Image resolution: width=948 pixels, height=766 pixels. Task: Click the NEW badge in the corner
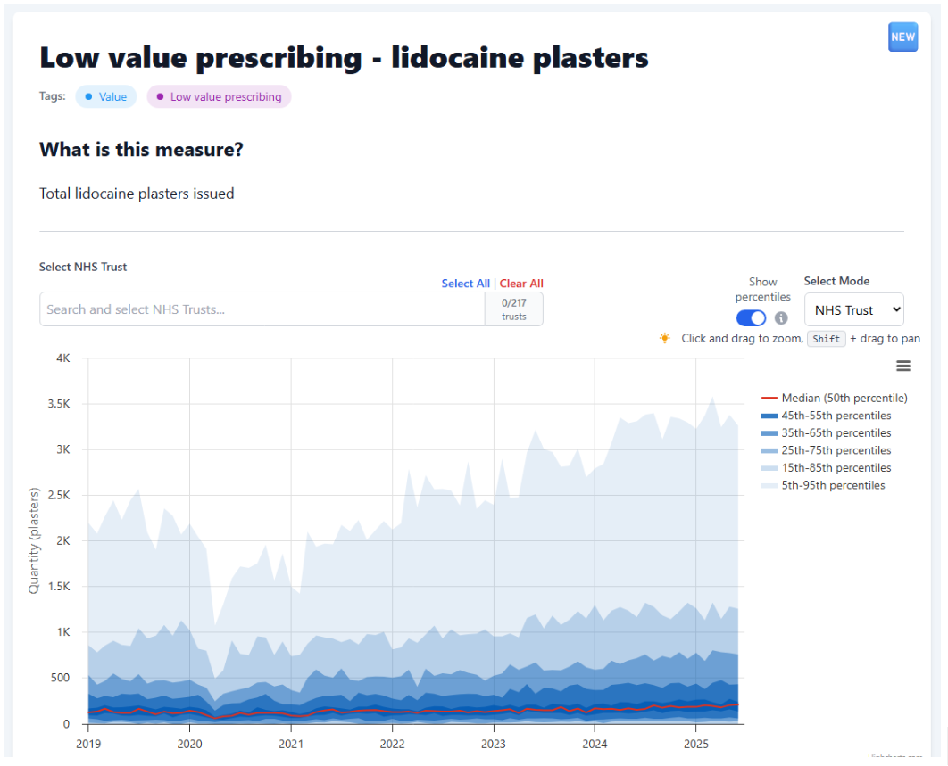click(902, 37)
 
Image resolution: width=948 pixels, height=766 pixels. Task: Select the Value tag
click(106, 96)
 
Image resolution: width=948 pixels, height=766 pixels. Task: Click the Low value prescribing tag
click(219, 96)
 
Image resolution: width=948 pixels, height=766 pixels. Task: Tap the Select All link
click(465, 284)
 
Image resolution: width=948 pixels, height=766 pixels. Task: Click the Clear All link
click(521, 284)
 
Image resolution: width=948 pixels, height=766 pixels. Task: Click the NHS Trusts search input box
click(262, 309)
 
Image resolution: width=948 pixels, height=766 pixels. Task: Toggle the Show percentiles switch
click(752, 318)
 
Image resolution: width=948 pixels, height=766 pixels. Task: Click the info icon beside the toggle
click(781, 318)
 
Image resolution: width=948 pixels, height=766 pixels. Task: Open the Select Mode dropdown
click(854, 310)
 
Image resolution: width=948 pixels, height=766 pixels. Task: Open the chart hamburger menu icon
click(903, 366)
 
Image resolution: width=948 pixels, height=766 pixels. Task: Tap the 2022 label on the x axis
click(392, 743)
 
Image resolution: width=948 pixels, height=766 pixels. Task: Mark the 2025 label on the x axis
click(696, 743)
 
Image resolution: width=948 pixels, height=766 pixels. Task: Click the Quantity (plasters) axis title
click(34, 540)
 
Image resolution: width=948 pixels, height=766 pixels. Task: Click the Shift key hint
click(827, 339)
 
